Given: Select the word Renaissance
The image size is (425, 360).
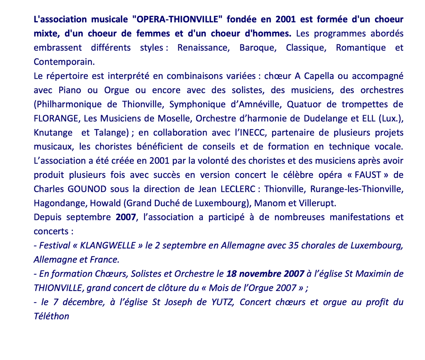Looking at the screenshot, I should tap(203, 47).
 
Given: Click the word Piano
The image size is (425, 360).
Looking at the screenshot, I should tap(66, 90).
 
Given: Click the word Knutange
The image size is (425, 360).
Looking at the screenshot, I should tap(54, 133).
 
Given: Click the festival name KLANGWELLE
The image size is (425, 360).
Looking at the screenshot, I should tap(108, 245).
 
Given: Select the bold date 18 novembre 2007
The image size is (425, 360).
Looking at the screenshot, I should tap(265, 274).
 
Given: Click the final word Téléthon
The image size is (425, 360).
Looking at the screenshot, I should tap(51, 316).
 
